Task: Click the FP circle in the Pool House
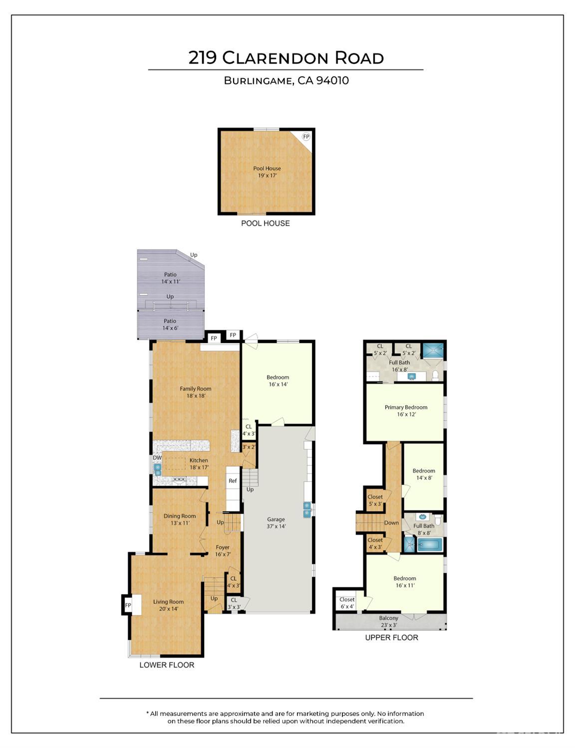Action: pyautogui.click(x=306, y=137)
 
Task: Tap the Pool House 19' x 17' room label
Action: pyautogui.click(x=267, y=172)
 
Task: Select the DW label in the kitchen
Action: pyautogui.click(x=157, y=458)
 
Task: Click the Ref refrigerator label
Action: pyautogui.click(x=233, y=481)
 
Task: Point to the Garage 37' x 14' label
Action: pyautogui.click(x=276, y=522)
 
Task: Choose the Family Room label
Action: pyautogui.click(x=196, y=389)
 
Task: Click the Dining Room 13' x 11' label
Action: pyautogui.click(x=180, y=519)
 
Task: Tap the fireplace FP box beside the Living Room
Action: pyautogui.click(x=128, y=605)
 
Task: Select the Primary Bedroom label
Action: pyautogui.click(x=406, y=407)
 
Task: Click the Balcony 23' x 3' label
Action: pyautogui.click(x=389, y=622)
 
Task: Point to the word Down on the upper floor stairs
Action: pyautogui.click(x=391, y=522)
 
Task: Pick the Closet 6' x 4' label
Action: pyautogui.click(x=347, y=603)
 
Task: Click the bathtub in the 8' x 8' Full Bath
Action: pyautogui.click(x=429, y=545)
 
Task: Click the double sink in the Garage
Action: pyautogui.click(x=306, y=510)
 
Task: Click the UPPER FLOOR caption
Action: pyautogui.click(x=392, y=638)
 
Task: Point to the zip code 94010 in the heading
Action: pyautogui.click(x=332, y=80)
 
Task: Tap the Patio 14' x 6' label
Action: pyautogui.click(x=170, y=324)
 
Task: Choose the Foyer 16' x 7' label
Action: pyautogui.click(x=223, y=551)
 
